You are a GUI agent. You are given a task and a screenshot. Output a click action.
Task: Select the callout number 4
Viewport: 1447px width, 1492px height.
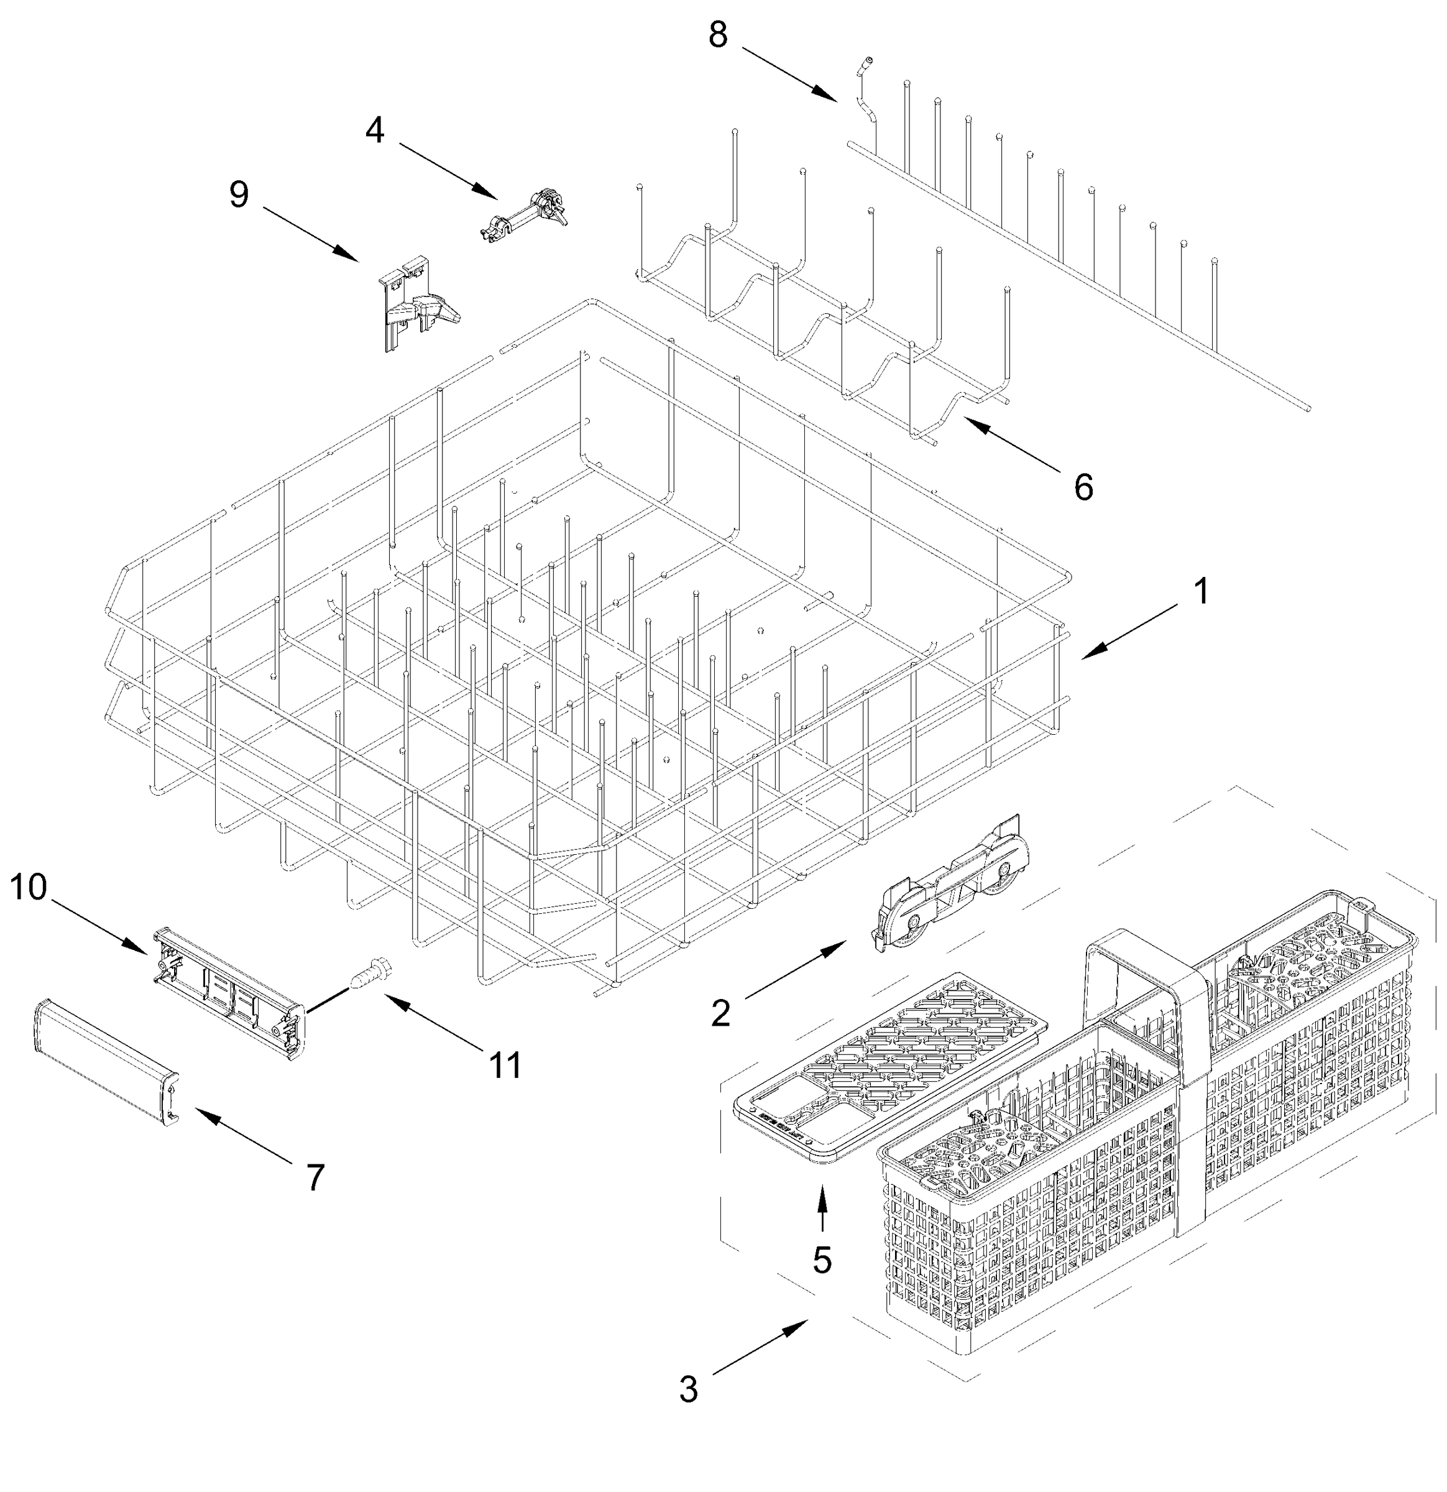[x=375, y=131]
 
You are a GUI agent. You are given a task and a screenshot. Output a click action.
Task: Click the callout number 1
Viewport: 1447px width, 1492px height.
[x=1200, y=591]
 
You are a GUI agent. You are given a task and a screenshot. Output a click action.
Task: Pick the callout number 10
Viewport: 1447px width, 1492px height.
[x=28, y=887]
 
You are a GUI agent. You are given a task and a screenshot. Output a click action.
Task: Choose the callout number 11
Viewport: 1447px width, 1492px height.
[x=505, y=1065]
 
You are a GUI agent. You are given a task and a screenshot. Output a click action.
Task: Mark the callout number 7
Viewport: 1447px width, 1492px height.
[x=315, y=1177]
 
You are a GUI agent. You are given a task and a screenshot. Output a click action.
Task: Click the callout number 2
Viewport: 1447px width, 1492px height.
[x=720, y=1013]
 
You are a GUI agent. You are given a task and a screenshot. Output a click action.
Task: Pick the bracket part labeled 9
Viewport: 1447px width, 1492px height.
[x=415, y=305]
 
